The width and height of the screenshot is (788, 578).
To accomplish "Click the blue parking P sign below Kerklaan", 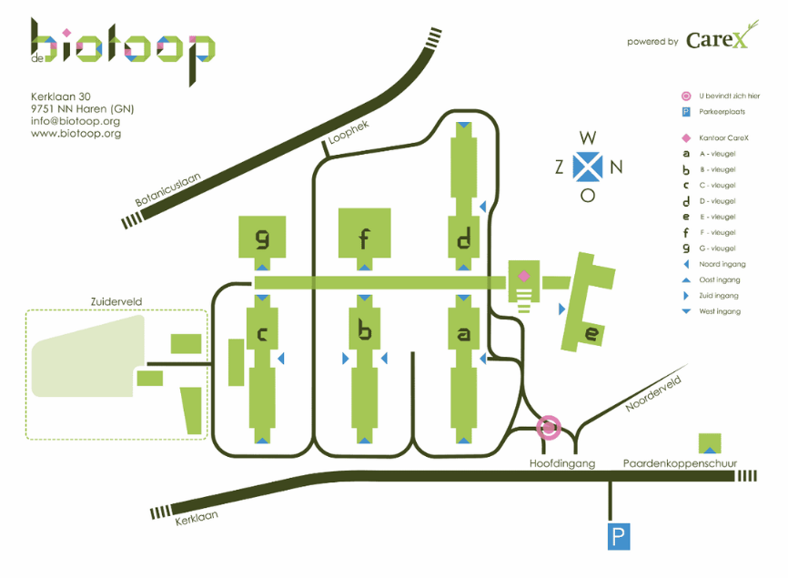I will tap(619, 537).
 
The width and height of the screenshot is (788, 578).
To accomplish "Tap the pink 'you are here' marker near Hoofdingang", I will tap(549, 425).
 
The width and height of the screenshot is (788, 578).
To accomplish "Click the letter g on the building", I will tap(262, 239).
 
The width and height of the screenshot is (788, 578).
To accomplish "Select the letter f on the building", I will tap(364, 239).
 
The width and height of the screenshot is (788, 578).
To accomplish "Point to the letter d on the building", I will tap(464, 240).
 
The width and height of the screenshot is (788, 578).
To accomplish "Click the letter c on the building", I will tap(262, 335).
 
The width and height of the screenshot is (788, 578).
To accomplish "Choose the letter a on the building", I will tap(464, 335).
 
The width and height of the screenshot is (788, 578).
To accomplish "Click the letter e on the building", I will tap(591, 335).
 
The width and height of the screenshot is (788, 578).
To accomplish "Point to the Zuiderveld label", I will tap(116, 301).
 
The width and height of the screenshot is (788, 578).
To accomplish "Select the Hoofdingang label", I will tap(561, 463).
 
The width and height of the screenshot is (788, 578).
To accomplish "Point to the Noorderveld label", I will tap(653, 396).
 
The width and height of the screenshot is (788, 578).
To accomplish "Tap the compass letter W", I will tap(589, 138).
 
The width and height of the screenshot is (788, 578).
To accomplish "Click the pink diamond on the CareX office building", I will tap(523, 275).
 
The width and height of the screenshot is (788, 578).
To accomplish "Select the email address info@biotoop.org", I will tap(76, 121).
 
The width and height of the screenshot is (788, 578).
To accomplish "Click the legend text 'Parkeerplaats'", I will tap(724, 112).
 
